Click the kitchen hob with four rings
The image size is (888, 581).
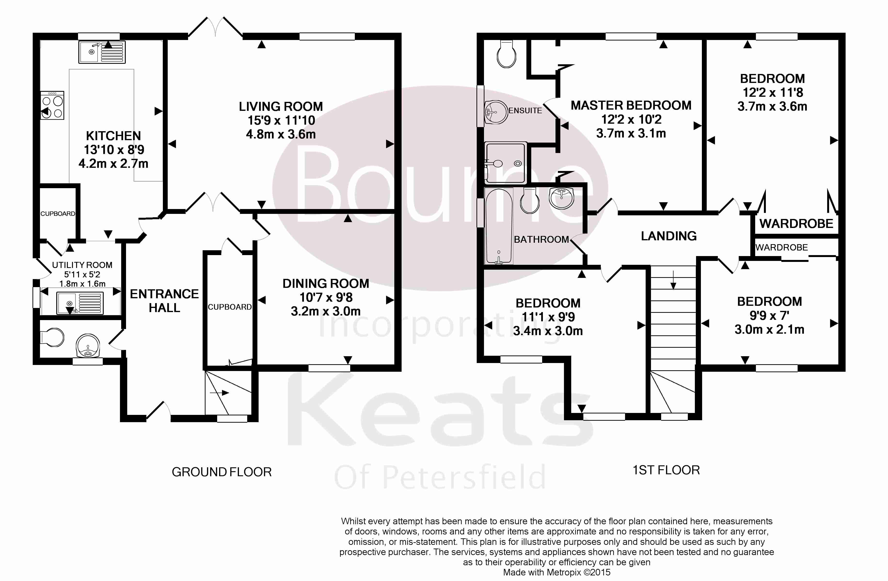tap(52, 106)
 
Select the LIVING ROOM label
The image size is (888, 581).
tap(281, 106)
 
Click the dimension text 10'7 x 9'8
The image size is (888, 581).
tap(326, 297)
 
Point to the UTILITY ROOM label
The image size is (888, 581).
tap(82, 265)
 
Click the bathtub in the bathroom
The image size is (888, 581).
tap(499, 226)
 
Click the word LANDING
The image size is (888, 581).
tap(669, 236)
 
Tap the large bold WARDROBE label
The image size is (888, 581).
tap(796, 224)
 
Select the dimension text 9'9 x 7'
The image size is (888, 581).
tap(769, 315)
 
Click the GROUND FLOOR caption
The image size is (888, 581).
tap(222, 472)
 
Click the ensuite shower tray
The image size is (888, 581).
tap(506, 163)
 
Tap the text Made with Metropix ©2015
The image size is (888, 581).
tap(557, 572)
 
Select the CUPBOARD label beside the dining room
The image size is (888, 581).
tap(230, 307)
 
